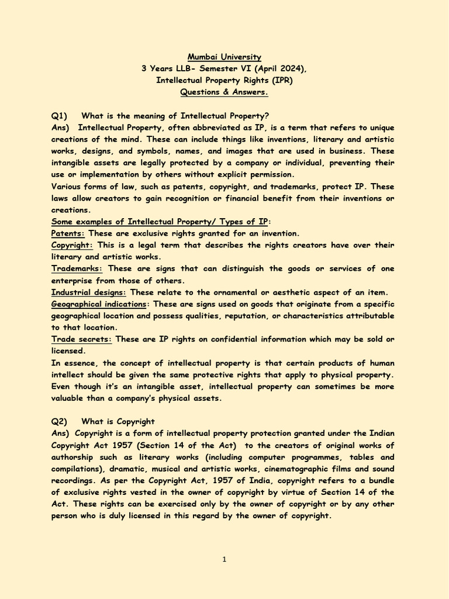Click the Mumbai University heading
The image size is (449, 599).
pyautogui.click(x=224, y=57)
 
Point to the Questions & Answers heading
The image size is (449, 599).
pyautogui.click(x=224, y=92)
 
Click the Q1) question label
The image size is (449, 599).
pyautogui.click(x=60, y=116)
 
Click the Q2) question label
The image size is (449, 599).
pyautogui.click(x=60, y=421)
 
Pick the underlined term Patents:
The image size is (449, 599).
pyautogui.click(x=68, y=233)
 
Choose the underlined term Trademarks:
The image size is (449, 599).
pyautogui.click(x=77, y=268)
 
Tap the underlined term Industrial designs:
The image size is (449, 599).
pyautogui.click(x=89, y=292)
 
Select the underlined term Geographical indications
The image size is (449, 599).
pyautogui.click(x=99, y=304)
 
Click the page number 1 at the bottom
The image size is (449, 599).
pyautogui.click(x=224, y=559)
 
